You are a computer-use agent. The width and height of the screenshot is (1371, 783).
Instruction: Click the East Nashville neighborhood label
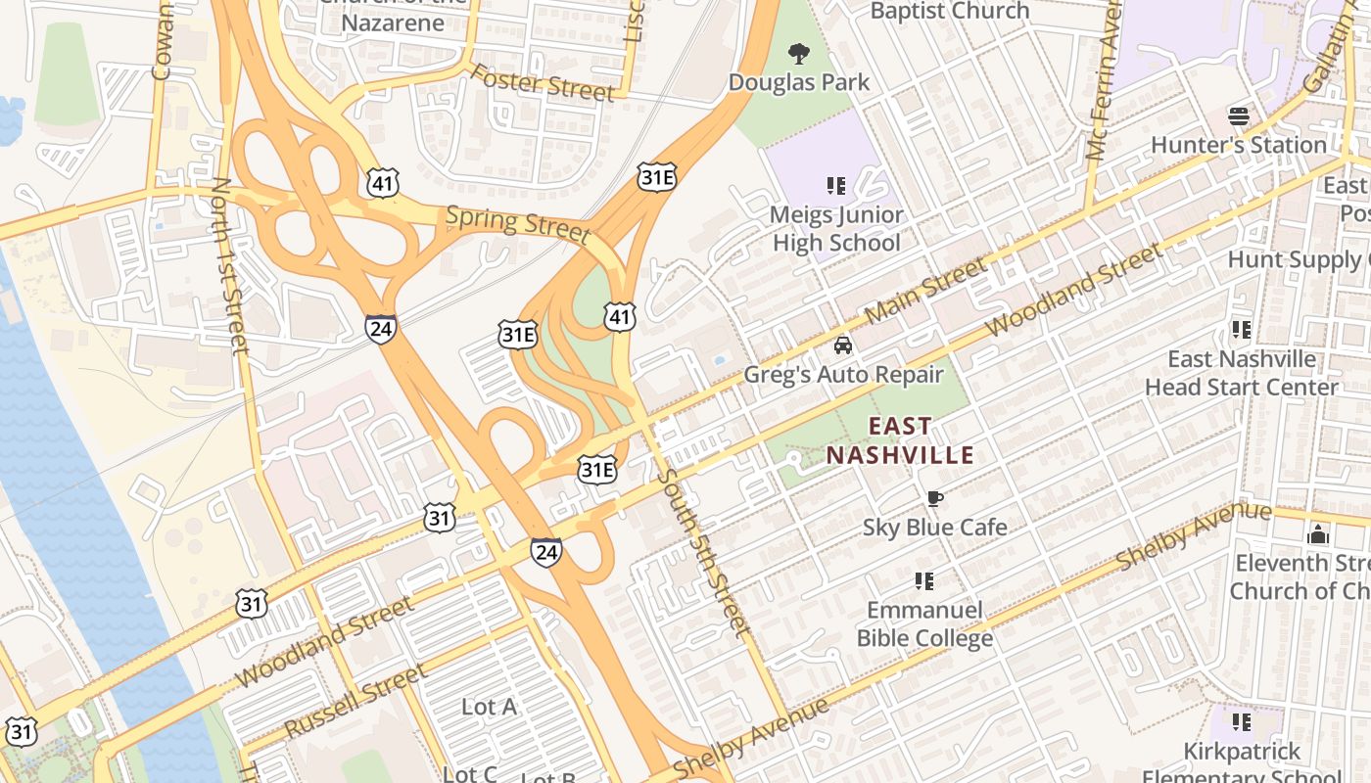[900, 440]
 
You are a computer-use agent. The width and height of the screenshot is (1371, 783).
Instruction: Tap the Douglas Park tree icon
[799, 53]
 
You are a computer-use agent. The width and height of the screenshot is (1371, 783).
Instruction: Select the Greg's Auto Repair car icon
[842, 345]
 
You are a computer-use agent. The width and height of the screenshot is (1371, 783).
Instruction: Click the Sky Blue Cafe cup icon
[934, 499]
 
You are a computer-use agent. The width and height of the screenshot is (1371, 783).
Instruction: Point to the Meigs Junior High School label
[836, 228]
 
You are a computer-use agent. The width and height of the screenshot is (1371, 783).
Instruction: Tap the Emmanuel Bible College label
[924, 624]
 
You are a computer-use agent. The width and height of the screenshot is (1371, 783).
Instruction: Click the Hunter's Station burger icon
[1238, 116]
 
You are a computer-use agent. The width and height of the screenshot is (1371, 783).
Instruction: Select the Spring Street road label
[518, 224]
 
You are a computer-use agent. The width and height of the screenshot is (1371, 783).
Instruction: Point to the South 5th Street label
[703, 553]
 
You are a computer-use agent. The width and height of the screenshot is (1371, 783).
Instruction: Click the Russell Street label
[355, 701]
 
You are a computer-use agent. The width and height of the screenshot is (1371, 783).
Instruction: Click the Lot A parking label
[489, 706]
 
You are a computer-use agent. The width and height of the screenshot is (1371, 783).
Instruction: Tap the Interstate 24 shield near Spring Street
[381, 328]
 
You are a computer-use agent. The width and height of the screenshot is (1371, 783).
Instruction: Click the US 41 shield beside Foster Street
[383, 181]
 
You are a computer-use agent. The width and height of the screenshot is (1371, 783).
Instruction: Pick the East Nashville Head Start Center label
[1241, 373]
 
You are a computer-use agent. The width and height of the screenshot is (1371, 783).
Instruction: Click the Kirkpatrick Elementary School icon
[1242, 722]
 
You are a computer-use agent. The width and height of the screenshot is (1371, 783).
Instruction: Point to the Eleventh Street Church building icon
[1318, 534]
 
